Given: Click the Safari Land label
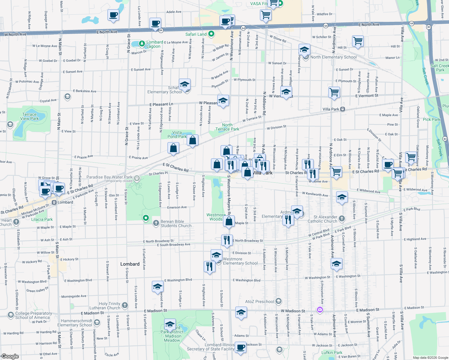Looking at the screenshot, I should click(x=196, y=34).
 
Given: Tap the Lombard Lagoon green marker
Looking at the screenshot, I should click(x=142, y=44).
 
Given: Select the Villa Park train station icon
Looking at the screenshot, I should click(x=342, y=109).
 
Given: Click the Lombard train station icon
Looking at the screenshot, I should click(x=54, y=202).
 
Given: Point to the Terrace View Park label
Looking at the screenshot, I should click(x=29, y=116).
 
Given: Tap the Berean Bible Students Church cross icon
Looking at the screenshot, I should click(x=156, y=223).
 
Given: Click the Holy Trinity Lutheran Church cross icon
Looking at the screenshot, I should click(x=125, y=305).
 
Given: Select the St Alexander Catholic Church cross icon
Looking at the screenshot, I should click(x=342, y=218).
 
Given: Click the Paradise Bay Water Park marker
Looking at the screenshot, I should click(x=137, y=178).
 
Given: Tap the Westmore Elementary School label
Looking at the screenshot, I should click(x=240, y=261).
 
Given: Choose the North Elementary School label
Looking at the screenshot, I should click(x=333, y=57).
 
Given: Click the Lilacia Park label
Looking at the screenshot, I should click(x=42, y=219).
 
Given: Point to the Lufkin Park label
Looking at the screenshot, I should click(x=332, y=352).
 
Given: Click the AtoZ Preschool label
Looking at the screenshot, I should click(x=260, y=301).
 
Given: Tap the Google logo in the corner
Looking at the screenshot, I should click(x=10, y=356).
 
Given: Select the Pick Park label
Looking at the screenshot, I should click(x=431, y=119).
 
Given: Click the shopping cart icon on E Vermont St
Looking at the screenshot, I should click(x=334, y=92).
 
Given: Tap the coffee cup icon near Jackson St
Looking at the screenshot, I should click(x=240, y=347).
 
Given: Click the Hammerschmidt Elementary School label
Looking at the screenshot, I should click(x=75, y=323).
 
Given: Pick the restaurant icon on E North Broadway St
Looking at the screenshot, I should click(x=227, y=240).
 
